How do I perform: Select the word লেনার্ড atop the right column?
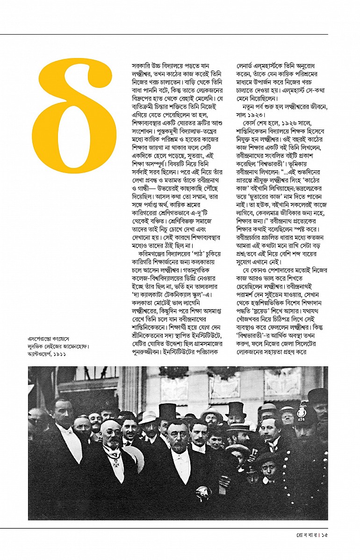pyautogui.click(x=251, y=66)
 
